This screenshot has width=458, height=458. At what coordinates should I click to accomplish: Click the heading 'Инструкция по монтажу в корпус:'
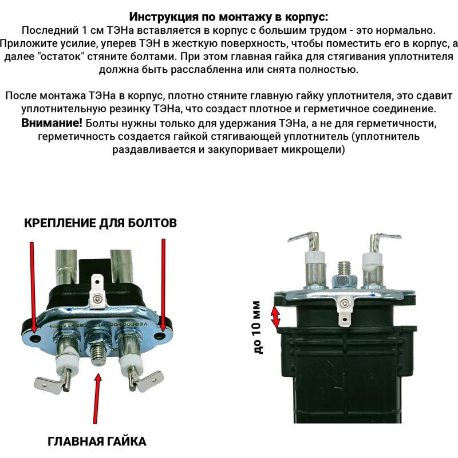click(229, 16)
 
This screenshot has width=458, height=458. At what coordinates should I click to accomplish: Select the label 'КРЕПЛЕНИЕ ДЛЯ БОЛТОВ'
click(100, 222)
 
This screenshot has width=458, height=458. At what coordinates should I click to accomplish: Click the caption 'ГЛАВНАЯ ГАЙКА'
click(97, 441)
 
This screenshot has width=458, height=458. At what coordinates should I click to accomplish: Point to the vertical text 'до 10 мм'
click(256, 327)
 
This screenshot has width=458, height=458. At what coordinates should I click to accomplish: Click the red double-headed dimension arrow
click(276, 317)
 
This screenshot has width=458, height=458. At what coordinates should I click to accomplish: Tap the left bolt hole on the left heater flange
click(36, 338)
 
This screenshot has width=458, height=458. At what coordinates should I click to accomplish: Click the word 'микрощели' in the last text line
click(313, 150)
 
